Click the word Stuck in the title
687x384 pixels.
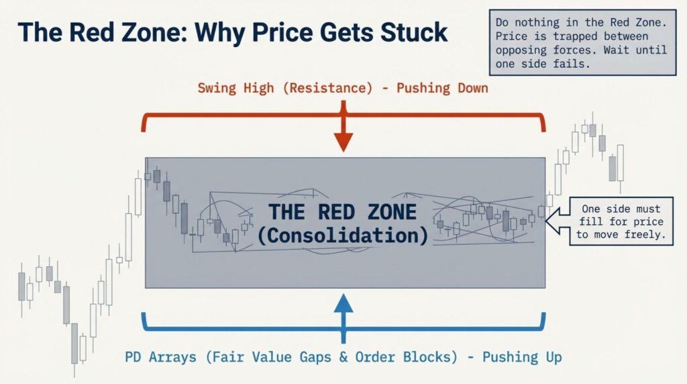pyautogui.click(x=414, y=32)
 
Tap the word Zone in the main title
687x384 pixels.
pyautogui.click(x=153, y=32)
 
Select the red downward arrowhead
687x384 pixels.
pyautogui.click(x=343, y=142)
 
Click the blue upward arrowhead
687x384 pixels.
pyautogui.click(x=343, y=303)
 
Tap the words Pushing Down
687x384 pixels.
pyautogui.click(x=442, y=88)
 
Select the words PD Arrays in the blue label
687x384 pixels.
pyautogui.click(x=160, y=357)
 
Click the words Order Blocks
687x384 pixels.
pyautogui.click(x=406, y=357)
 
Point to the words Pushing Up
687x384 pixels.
pyautogui.click(x=522, y=357)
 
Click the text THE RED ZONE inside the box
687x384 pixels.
pyautogui.click(x=343, y=212)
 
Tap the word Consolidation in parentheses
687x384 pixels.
pyautogui.click(x=343, y=236)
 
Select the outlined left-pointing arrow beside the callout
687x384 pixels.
pyautogui.click(x=558, y=220)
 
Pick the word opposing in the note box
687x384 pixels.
pyautogui.click(x=521, y=50)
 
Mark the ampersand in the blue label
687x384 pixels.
pyautogui.click(x=343, y=357)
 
